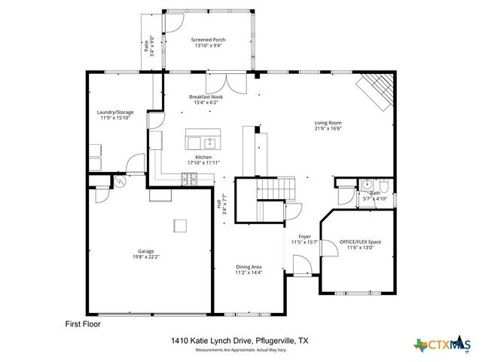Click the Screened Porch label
tap(208, 40)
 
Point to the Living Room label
tap(328, 123)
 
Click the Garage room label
tap(145, 251)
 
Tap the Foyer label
tap(304, 237)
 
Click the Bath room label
tap(374, 193)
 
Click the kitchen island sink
tap(210, 142)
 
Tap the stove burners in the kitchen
tap(189, 178)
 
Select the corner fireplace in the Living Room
tap(377, 91)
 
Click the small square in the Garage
tap(180, 224)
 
